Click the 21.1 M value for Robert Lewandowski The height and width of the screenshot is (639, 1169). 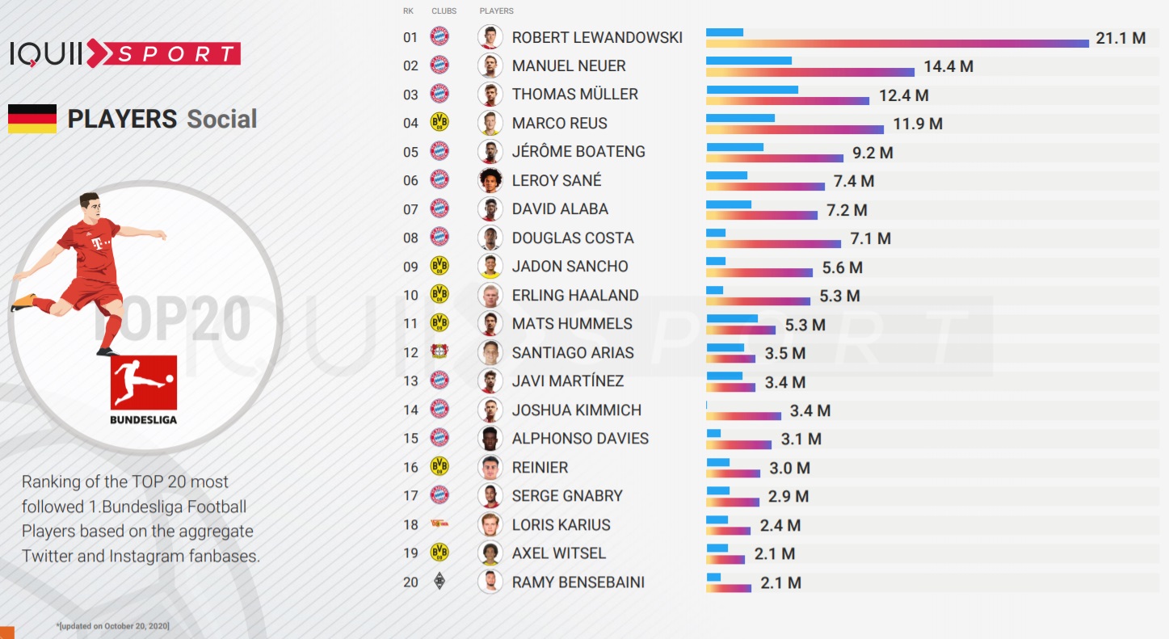coord(1121,38)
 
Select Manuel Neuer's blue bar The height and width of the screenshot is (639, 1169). coord(749,61)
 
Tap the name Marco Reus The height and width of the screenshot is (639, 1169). coord(559,123)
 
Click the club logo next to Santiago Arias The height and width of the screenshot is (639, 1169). coord(439,352)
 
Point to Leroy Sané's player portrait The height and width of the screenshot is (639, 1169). coord(490,180)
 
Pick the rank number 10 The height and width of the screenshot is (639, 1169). coord(411,296)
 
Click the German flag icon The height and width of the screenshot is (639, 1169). coord(32,119)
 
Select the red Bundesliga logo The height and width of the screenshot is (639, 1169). coord(144,383)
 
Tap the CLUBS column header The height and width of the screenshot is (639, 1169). coord(444,11)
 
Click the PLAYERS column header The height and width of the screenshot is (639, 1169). coord(496,11)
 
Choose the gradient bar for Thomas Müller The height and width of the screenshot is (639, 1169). coord(788,101)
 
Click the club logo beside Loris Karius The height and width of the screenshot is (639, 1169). coord(439,524)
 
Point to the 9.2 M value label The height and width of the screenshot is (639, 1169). coord(873,153)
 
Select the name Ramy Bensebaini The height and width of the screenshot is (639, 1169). coord(578,582)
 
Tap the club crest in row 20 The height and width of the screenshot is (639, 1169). coord(439,581)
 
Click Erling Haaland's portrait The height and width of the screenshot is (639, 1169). coord(490,295)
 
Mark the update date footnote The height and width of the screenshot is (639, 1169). coord(113,626)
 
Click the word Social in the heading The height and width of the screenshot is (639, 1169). coord(222,120)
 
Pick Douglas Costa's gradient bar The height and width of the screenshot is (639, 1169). coord(773,243)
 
